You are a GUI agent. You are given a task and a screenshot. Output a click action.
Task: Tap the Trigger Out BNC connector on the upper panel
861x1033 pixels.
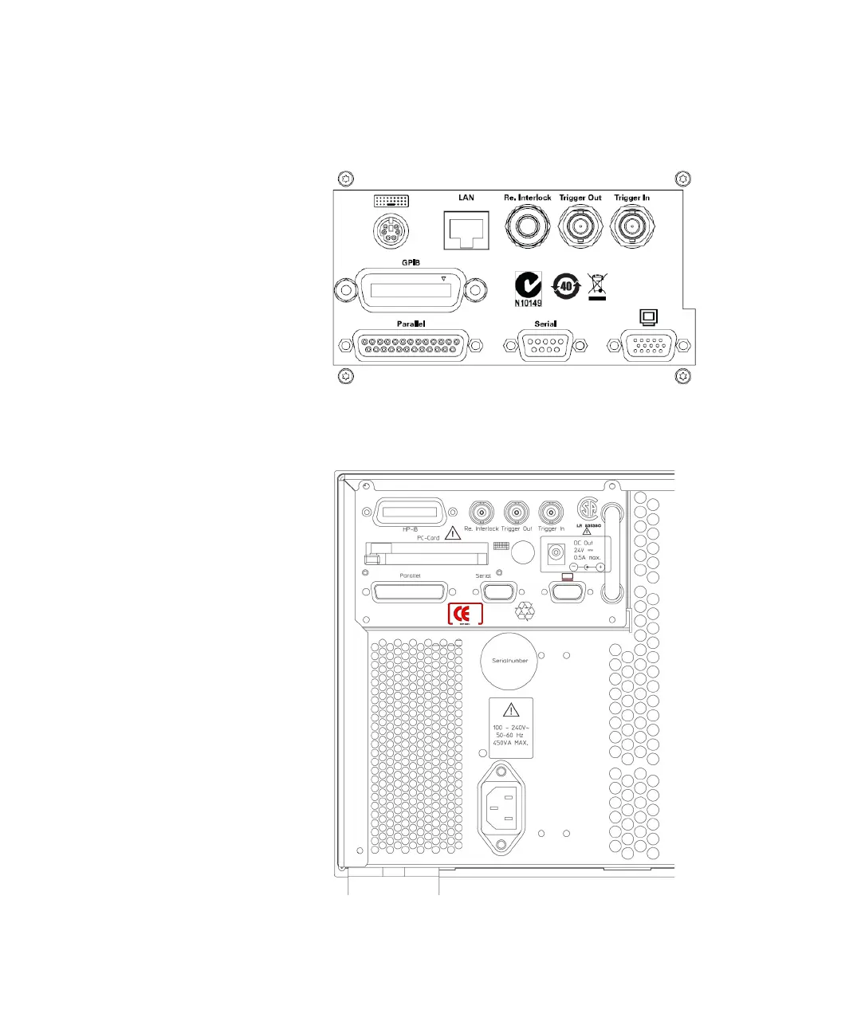580,228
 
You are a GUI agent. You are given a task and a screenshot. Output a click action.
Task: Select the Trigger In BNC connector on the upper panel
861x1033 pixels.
633,228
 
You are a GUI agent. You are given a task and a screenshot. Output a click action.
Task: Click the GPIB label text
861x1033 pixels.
411,262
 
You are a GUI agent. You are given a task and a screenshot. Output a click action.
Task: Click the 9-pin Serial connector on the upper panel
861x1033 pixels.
546,346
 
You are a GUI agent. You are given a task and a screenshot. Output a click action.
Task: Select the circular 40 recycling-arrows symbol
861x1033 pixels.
566,285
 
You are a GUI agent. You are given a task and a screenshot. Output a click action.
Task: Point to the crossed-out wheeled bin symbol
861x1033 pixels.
597,285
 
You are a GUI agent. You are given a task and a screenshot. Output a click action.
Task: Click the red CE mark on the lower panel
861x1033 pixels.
465,614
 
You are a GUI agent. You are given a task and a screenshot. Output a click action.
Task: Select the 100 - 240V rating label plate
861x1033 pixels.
510,728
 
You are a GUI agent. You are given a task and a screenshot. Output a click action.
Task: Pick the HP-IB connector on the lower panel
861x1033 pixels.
410,511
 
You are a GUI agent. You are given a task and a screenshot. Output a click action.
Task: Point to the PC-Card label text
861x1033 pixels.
428,538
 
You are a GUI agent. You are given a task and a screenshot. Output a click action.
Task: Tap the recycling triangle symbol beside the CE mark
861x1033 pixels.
525,612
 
